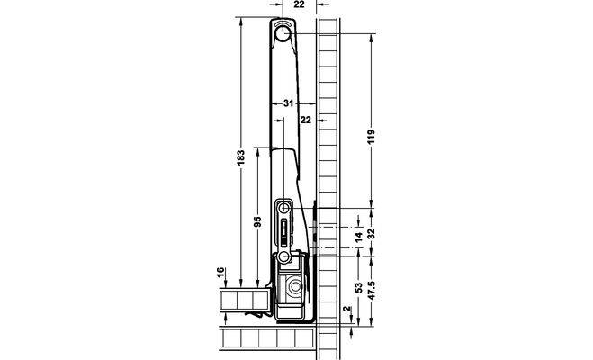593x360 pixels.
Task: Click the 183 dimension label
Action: point(240,157)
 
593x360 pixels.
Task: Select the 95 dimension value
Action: point(257,221)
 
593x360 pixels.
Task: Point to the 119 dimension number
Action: point(371,137)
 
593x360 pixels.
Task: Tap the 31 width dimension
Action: point(289,103)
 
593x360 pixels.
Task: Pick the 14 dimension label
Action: point(358,237)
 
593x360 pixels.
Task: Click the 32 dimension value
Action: point(372,233)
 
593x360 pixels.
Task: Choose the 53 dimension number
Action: point(358,287)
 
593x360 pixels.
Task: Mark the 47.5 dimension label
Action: point(372,291)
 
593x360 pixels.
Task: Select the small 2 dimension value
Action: point(346,309)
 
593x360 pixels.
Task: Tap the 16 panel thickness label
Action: point(220,273)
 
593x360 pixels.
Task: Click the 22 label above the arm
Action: point(299,4)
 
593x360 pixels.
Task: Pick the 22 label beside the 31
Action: point(306,121)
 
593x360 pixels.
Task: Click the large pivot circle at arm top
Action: point(283,35)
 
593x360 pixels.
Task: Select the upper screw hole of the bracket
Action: point(283,209)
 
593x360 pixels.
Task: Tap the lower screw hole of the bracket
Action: point(283,257)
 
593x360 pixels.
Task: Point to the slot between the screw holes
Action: point(283,232)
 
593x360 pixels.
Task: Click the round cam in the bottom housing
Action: point(294,287)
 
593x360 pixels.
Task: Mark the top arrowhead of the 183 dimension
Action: point(240,21)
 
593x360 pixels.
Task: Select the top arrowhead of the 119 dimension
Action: point(371,37)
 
